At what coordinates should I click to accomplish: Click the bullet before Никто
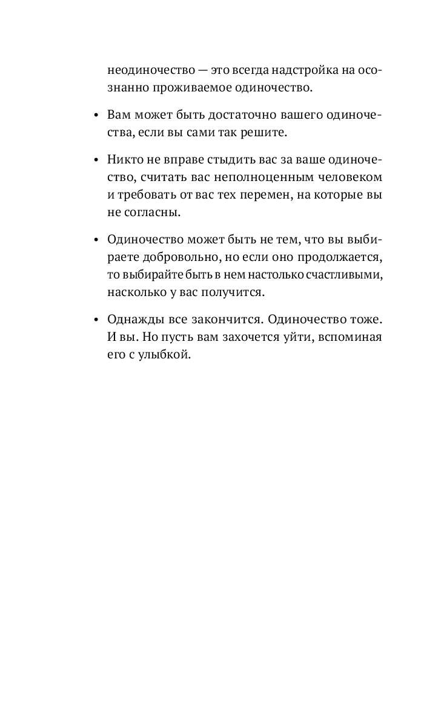click(x=96, y=160)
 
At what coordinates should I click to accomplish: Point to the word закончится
click(x=226, y=319)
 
